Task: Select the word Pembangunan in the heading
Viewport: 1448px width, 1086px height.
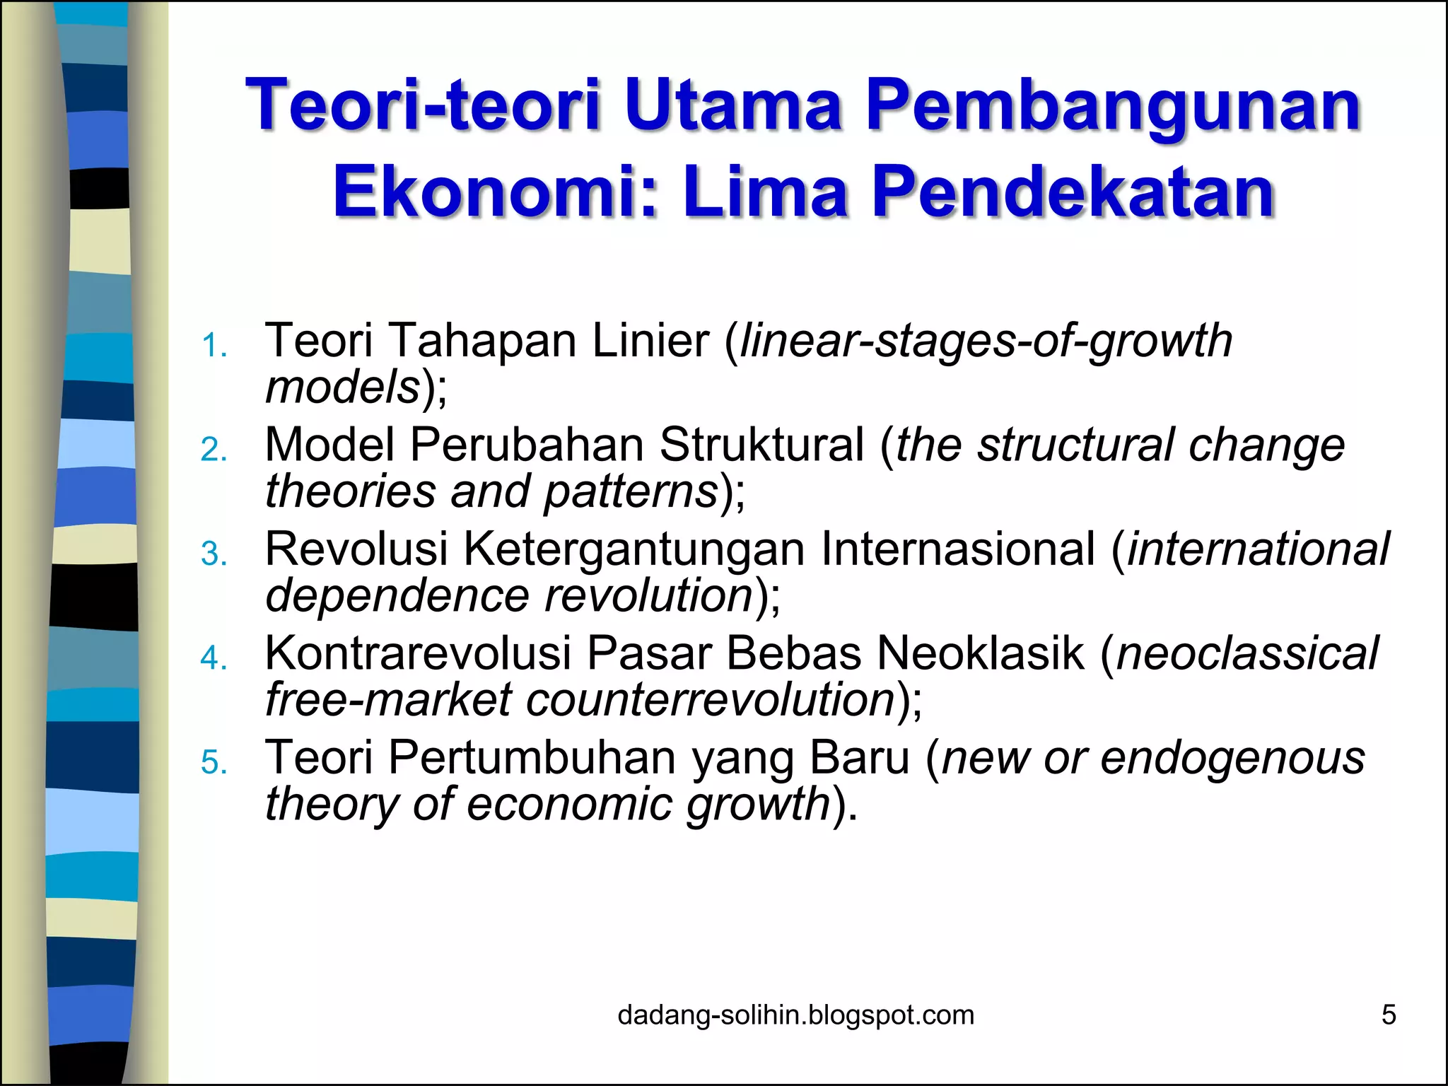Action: [1113, 107]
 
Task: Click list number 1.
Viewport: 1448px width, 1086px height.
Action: [214, 346]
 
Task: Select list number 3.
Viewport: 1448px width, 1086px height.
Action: [214, 554]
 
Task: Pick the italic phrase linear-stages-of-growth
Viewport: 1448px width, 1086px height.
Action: [986, 341]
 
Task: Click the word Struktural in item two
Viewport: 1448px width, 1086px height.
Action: [761, 445]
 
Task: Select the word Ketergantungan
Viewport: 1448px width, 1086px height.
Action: [633, 549]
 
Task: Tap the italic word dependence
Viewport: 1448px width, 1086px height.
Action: [397, 595]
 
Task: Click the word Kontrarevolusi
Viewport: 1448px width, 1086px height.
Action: [417, 652]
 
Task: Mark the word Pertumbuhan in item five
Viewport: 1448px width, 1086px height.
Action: [532, 757]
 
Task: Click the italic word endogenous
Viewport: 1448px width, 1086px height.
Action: [1232, 757]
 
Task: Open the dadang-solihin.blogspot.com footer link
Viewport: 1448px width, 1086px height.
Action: [795, 1015]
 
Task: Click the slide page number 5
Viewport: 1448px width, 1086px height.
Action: [1389, 1015]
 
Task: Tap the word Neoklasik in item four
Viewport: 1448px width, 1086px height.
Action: [980, 652]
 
